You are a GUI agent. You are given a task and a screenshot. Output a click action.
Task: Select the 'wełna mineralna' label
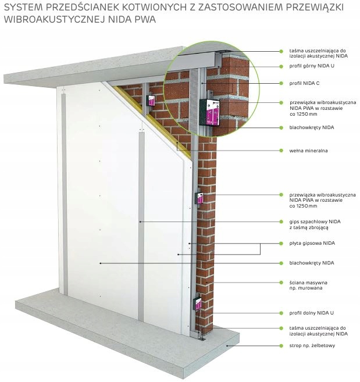[308, 151]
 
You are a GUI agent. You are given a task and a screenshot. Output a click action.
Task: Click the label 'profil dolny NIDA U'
[311, 312]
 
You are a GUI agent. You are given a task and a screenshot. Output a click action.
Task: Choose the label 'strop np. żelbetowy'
[312, 346]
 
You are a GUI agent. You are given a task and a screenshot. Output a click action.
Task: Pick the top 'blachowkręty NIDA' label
[311, 127]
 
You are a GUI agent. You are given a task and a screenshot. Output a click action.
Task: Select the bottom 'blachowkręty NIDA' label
[311, 263]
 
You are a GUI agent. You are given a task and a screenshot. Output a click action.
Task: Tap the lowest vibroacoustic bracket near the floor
[198, 304]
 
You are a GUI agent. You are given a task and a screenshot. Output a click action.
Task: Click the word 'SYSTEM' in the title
[21, 8]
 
